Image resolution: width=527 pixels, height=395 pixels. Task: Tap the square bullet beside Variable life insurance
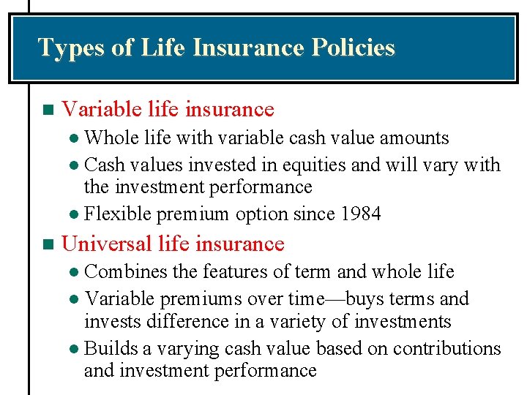(x=48, y=110)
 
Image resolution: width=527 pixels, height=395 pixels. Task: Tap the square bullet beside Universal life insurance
(x=48, y=244)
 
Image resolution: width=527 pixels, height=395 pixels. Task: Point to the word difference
(x=181, y=322)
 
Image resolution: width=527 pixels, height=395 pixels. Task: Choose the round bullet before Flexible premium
(x=77, y=215)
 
